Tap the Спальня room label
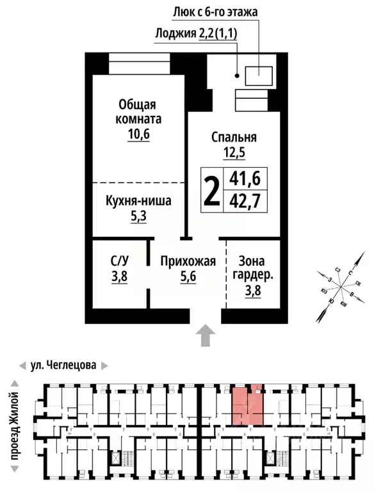[234, 136]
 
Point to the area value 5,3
[138, 217]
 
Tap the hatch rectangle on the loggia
[259, 76]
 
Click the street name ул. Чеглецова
[63, 366]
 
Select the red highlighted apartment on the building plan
[247, 404]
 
